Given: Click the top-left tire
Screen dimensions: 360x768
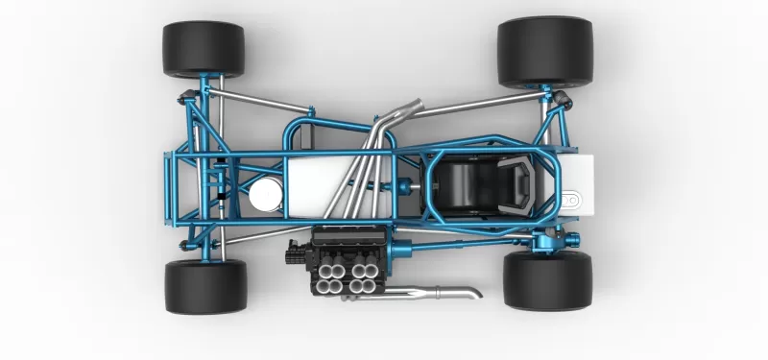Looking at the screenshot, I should click(204, 50).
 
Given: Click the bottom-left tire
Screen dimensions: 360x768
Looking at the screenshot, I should click(204, 286).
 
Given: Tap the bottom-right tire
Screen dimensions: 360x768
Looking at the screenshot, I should click(547, 281).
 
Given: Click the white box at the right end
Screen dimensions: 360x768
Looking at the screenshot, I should click(579, 182).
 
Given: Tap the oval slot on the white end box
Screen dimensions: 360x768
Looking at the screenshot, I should click(574, 201).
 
